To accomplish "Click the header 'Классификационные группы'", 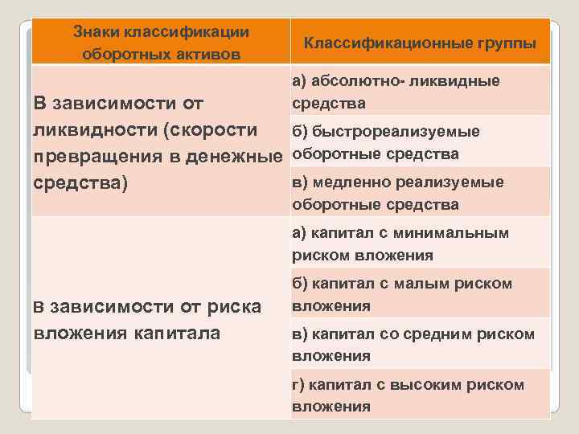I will click(420, 43).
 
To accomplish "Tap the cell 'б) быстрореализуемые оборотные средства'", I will click(386, 142).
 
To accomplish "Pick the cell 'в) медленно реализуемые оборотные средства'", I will click(397, 193).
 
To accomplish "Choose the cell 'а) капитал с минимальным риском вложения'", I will click(400, 244).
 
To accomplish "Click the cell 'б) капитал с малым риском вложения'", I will click(402, 294).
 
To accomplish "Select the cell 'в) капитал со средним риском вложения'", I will click(413, 344).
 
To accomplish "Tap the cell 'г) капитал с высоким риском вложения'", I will click(408, 395).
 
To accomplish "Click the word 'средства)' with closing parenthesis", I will click(80, 182).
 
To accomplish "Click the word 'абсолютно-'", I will click(351, 80).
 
